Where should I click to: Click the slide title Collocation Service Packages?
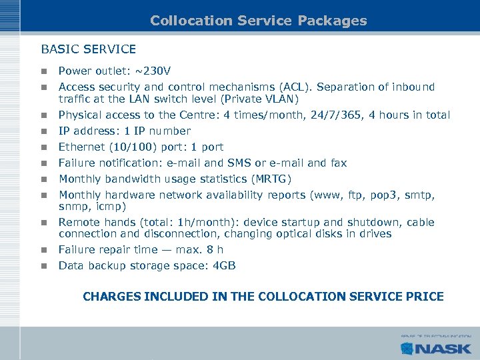259,21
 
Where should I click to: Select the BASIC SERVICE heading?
89,49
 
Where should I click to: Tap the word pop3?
380,195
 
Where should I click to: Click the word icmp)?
107,207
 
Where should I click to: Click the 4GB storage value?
222,266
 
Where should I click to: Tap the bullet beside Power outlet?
44,71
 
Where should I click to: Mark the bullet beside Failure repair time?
44,251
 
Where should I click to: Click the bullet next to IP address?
44,131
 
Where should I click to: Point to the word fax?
338,163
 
